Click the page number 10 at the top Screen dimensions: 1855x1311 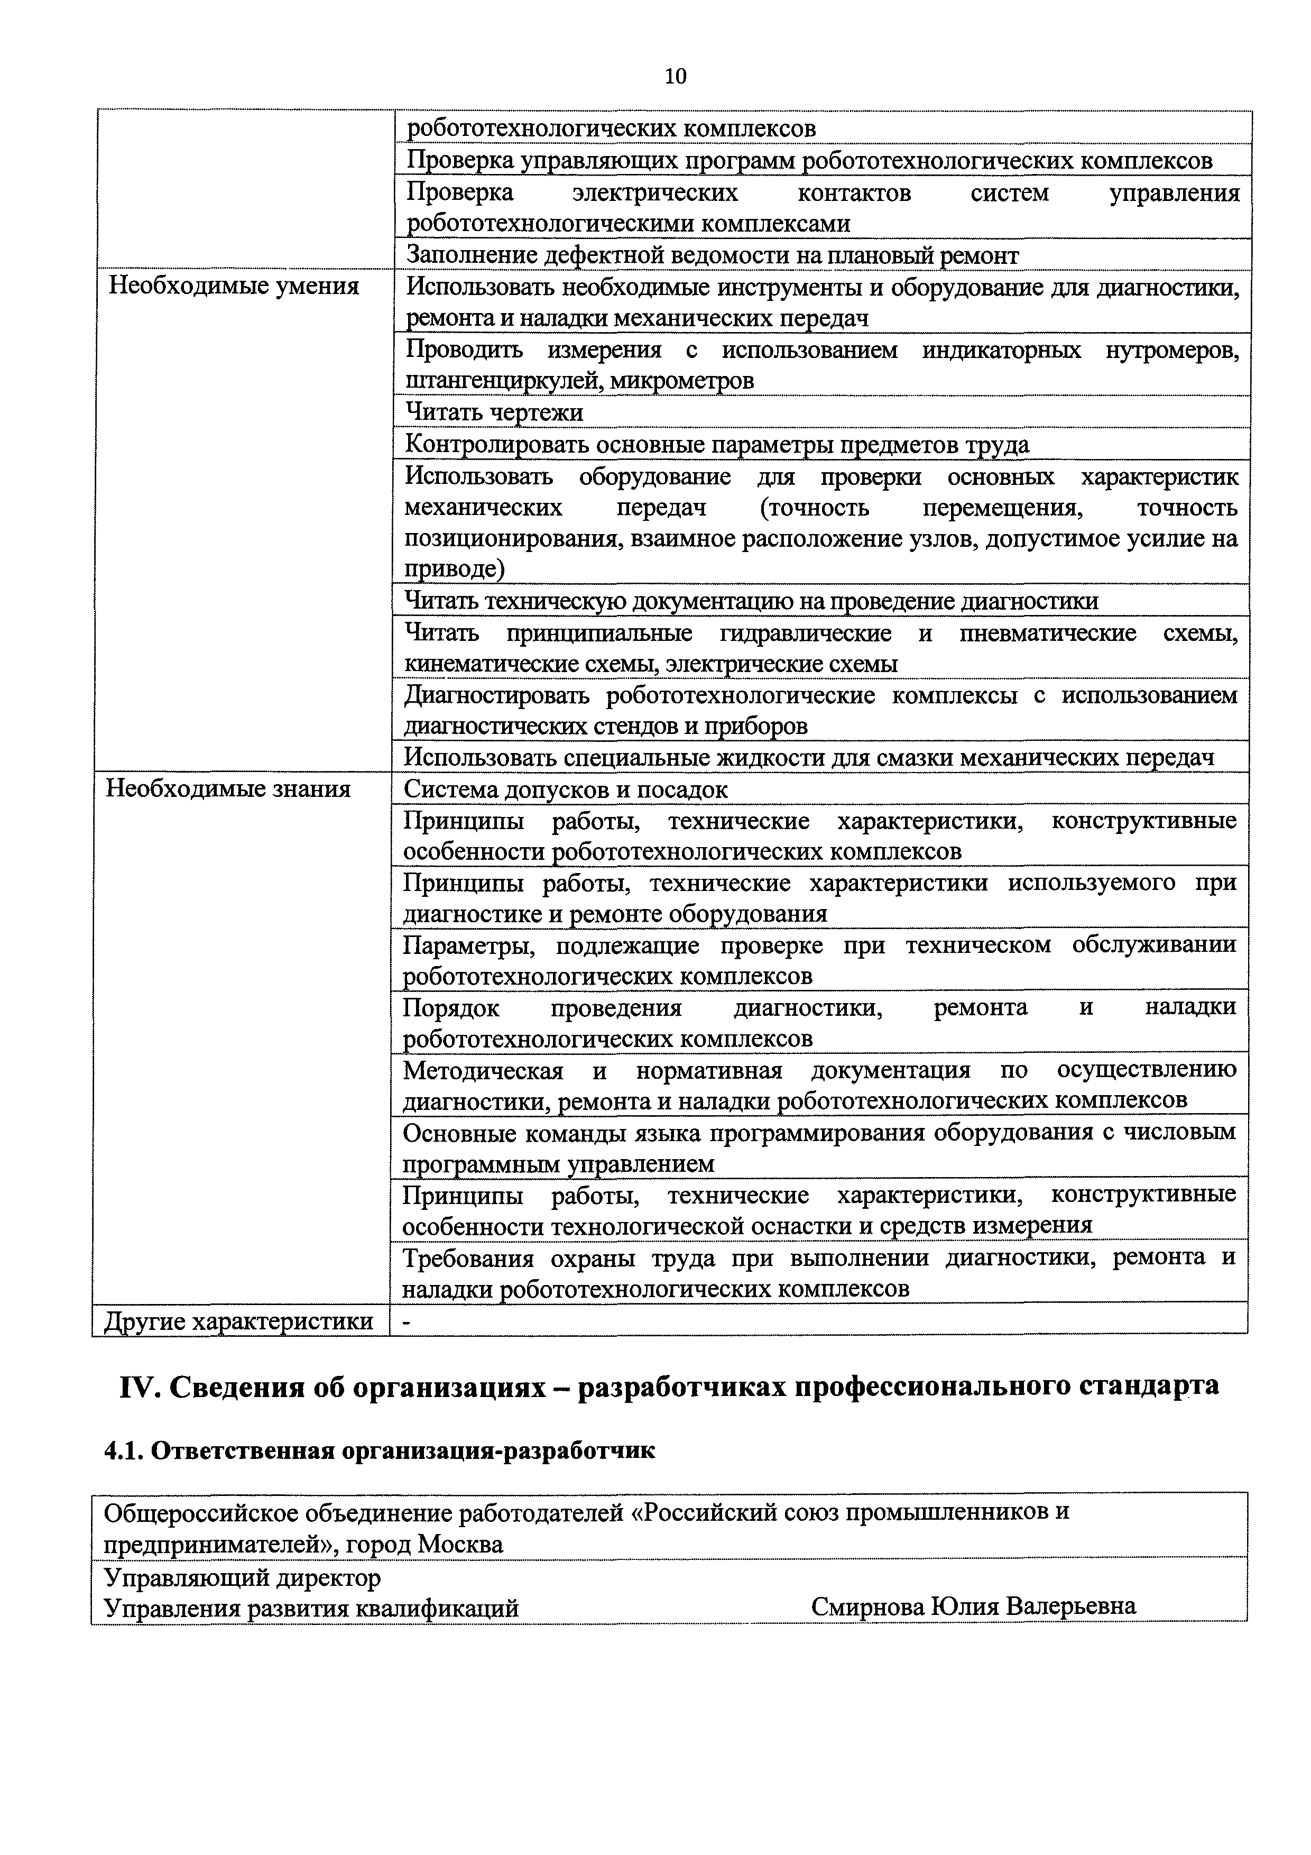click(675, 77)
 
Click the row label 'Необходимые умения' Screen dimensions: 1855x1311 click(234, 286)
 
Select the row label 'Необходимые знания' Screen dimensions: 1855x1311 click(228, 788)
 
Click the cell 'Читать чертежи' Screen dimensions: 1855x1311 click(494, 413)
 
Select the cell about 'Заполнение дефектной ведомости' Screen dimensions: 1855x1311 click(711, 255)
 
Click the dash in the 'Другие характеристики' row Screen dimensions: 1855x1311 click(407, 1321)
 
